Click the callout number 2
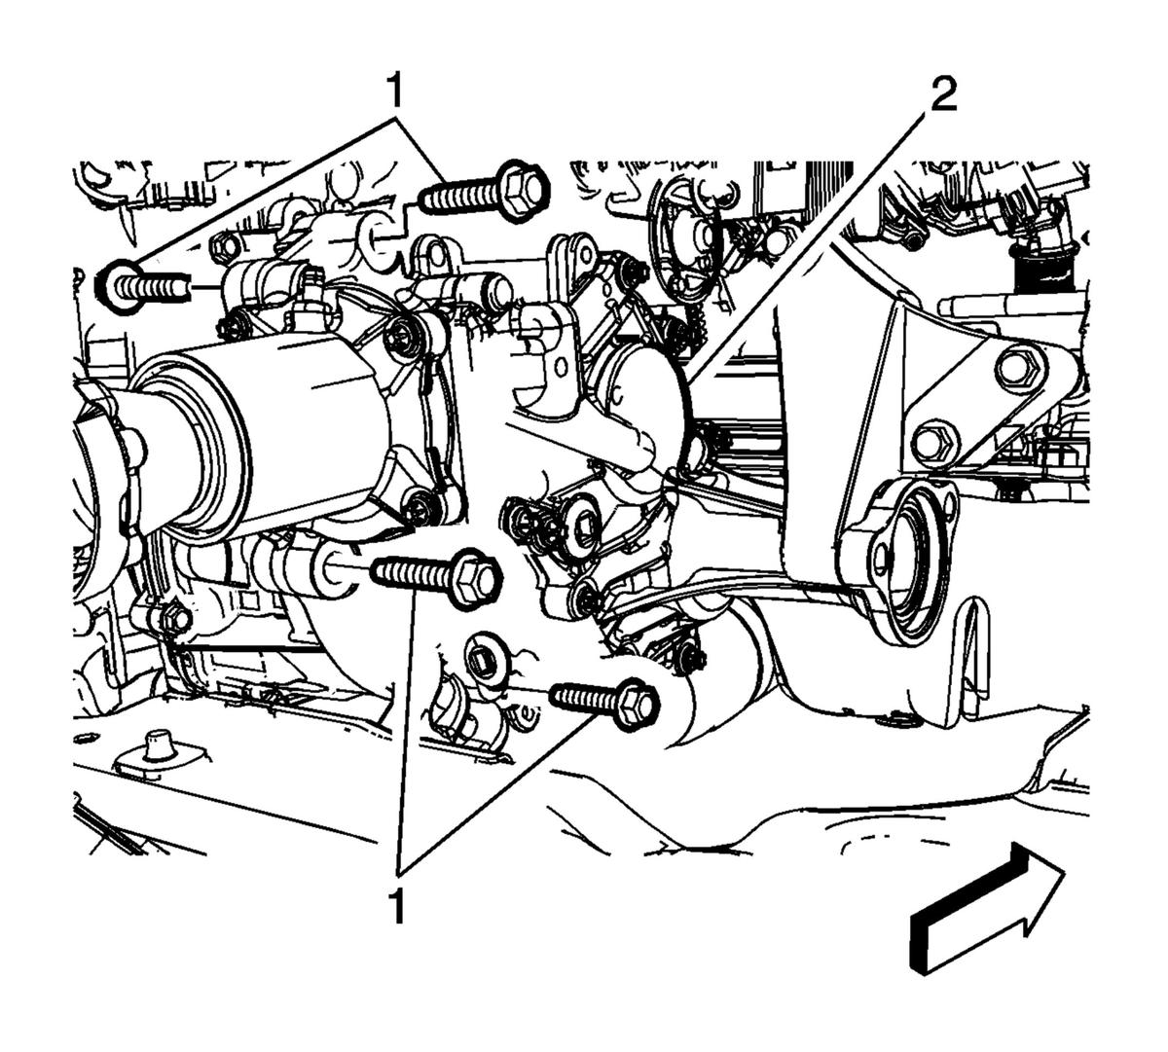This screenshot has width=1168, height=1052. [942, 95]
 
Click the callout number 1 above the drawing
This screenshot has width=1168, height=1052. [395, 91]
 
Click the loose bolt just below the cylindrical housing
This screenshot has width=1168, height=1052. [437, 579]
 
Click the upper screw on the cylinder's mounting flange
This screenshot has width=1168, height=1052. [404, 333]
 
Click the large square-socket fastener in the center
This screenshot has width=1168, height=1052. [583, 525]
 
